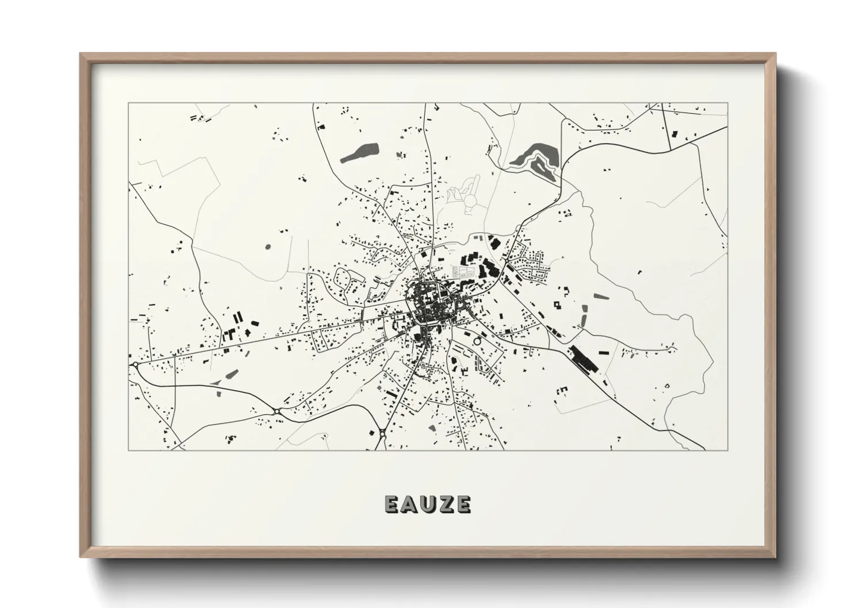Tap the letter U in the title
tap(427, 504)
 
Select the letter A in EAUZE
tap(409, 504)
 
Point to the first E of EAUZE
tap(391, 504)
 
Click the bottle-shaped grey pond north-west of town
tap(361, 151)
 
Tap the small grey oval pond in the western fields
tap(268, 247)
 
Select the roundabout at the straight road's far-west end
tap(135, 364)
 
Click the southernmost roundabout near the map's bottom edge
tap(382, 433)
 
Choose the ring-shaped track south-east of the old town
tap(476, 341)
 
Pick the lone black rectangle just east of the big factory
tap(604, 351)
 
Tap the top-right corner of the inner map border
tap(727, 103)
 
